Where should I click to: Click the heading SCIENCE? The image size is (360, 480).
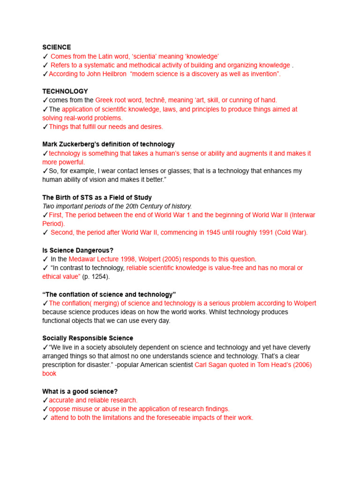[57, 47]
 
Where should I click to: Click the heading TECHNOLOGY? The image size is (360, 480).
[65, 91]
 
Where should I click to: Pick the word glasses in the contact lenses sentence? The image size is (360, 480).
[188, 171]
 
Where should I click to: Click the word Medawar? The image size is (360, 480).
[82, 259]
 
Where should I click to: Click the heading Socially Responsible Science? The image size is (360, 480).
[88, 338]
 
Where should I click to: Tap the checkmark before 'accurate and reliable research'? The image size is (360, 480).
[45, 400]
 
